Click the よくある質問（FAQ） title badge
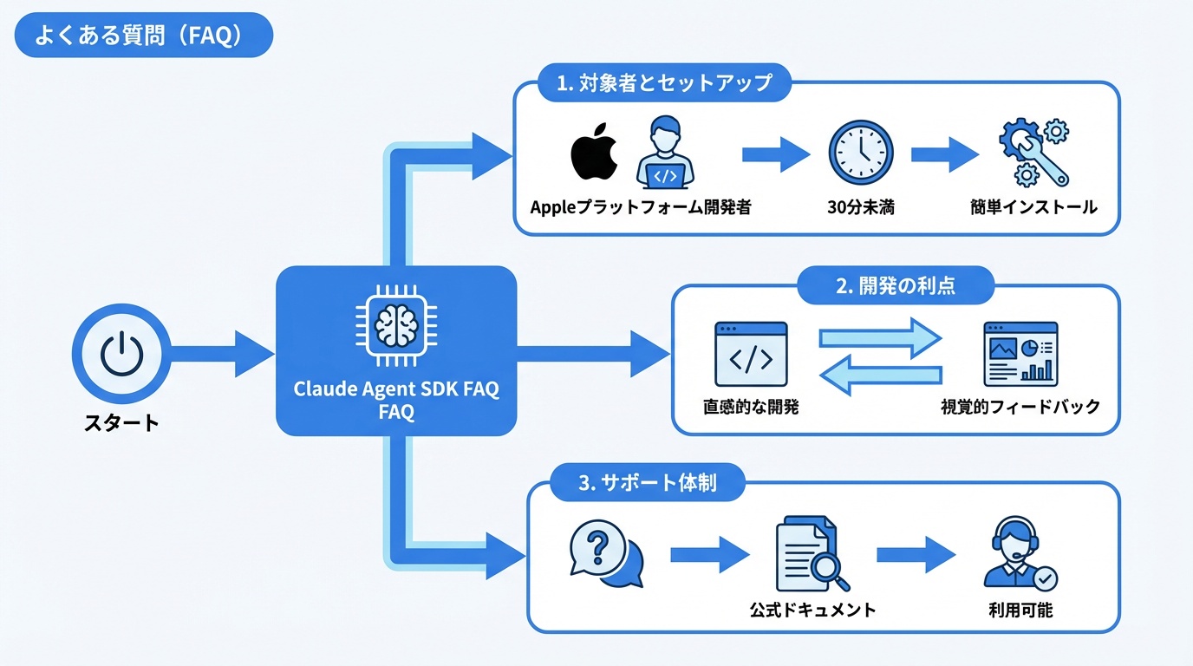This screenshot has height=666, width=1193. [143, 35]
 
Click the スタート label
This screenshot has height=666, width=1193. [121, 423]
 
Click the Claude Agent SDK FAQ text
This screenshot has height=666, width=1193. [396, 389]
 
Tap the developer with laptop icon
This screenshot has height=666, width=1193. [664, 154]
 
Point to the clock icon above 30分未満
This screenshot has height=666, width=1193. [860, 153]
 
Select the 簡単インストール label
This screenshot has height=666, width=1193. [1033, 207]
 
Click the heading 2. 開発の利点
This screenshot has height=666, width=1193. [896, 286]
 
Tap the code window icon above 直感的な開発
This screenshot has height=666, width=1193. [751, 354]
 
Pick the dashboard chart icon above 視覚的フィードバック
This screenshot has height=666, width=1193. [1020, 354]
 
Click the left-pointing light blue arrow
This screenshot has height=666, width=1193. [880, 375]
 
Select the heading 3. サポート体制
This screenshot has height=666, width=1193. [648, 483]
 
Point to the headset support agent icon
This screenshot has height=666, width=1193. [1020, 555]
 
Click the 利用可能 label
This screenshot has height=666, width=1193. [1020, 610]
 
